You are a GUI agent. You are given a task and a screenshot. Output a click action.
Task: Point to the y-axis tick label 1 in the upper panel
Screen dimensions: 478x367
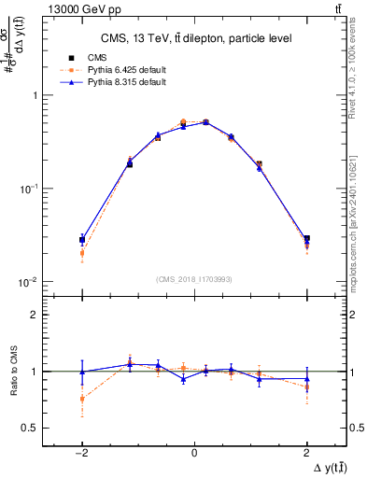point(34,95)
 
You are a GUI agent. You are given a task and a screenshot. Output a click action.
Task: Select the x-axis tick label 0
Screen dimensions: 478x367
point(194,452)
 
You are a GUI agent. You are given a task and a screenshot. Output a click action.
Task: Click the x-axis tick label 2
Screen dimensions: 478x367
point(306,452)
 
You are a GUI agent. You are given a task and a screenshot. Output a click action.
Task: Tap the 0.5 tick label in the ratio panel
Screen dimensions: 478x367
point(30,428)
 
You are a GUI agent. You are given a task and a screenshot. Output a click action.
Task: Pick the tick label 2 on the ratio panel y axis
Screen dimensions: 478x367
point(34,315)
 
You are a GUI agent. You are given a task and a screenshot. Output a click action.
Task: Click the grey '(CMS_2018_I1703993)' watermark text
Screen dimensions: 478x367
point(194,279)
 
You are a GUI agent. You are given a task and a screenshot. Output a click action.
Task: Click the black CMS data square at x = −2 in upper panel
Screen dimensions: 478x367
point(82,240)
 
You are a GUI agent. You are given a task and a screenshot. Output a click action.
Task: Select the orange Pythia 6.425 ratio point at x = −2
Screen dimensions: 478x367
point(82,399)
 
